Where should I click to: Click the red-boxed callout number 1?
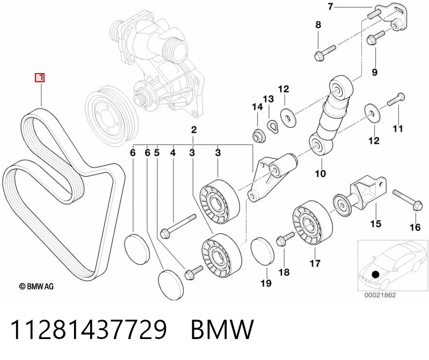click(40, 78)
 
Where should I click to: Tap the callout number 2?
click(194, 129)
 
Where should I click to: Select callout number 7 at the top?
click(331, 6)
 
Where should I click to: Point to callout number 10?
click(321, 174)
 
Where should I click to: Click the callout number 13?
click(268, 99)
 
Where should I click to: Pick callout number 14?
click(258, 107)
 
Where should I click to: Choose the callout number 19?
click(266, 283)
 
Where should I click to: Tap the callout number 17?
click(315, 263)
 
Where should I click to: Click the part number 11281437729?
click(89, 329)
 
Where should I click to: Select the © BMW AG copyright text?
click(36, 286)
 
